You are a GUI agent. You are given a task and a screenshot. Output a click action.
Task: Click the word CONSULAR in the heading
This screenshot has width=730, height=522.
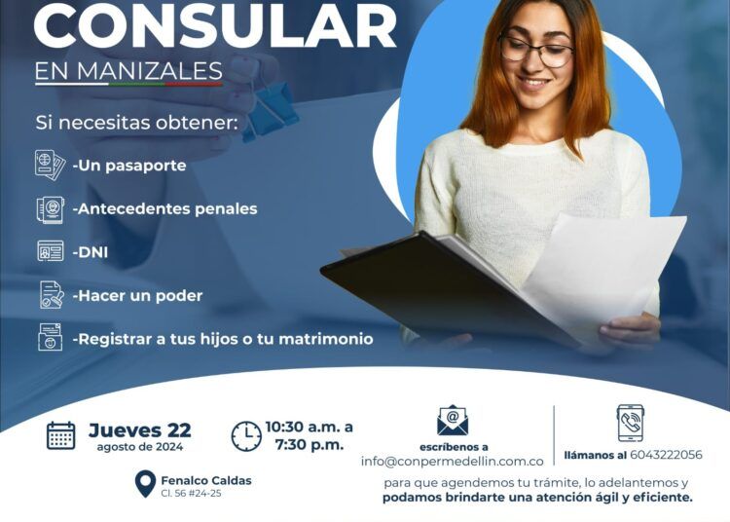[215, 25]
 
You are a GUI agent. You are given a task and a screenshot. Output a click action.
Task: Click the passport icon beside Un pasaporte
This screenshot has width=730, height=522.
[50, 165]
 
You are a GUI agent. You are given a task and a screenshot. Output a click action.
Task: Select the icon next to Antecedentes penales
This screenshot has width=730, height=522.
[51, 209]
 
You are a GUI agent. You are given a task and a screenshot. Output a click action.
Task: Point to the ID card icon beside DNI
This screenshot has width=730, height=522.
[51, 251]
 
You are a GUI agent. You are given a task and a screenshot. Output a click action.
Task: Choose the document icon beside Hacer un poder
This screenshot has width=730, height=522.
[52, 295]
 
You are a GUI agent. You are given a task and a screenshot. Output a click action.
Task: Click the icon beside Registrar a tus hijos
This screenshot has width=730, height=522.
[51, 337]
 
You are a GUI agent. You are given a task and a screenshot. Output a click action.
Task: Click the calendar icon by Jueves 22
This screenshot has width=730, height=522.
[61, 435]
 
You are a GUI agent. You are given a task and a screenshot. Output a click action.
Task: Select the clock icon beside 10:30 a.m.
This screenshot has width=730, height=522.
[246, 436]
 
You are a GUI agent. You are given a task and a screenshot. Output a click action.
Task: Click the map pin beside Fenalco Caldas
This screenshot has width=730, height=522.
[145, 484]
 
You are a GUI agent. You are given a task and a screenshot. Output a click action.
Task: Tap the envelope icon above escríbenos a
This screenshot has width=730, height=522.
[453, 421]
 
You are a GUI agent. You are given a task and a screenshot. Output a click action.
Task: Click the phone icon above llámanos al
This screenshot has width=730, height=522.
[631, 423]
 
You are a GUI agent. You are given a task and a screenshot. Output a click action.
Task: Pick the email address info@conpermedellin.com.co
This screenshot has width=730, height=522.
[452, 462]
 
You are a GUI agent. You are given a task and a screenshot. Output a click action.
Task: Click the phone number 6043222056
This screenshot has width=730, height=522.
[666, 455]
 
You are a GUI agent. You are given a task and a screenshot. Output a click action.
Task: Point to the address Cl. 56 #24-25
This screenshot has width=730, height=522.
[191, 493]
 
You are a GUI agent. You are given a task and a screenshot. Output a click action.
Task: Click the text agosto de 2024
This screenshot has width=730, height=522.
[139, 447]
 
